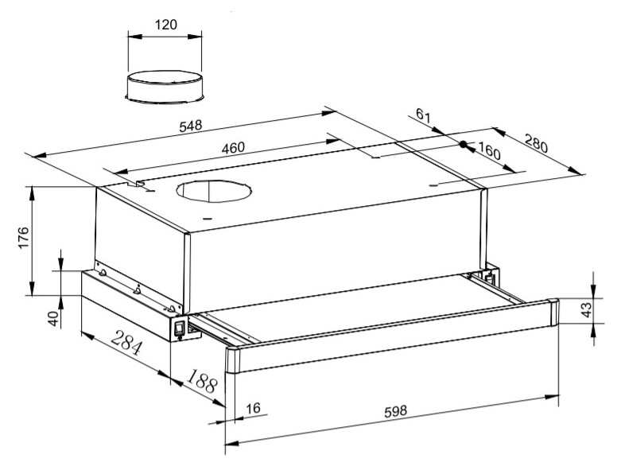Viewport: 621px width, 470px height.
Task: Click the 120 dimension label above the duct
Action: [165, 25]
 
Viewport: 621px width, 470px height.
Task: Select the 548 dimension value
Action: [191, 126]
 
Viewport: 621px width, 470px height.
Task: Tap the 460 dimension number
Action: [233, 148]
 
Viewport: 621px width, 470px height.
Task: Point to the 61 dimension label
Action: [423, 115]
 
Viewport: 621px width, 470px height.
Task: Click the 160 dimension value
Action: [490, 150]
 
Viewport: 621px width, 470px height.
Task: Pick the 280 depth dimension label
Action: [537, 143]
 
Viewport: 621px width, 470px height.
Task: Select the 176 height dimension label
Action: [23, 238]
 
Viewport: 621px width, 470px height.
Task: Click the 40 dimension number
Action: [53, 318]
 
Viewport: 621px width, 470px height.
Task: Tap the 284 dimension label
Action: [126, 343]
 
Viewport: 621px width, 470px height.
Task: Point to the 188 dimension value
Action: [203, 381]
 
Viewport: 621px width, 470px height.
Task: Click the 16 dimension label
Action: [253, 408]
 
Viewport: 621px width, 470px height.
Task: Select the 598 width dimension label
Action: [396, 411]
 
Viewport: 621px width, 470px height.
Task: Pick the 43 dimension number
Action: [587, 309]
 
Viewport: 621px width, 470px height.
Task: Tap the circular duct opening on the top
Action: [214, 191]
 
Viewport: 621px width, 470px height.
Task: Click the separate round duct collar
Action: [165, 87]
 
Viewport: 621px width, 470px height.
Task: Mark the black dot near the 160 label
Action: [463, 145]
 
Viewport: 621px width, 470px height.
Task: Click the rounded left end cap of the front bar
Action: [233, 361]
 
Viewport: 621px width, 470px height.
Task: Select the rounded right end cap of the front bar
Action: [553, 313]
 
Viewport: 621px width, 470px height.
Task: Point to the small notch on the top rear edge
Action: [139, 184]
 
